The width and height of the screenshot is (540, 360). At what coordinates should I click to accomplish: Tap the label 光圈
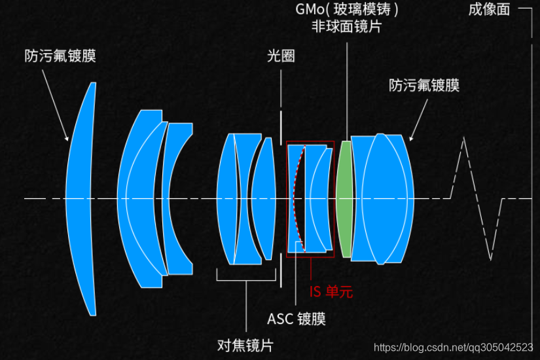click(281, 56)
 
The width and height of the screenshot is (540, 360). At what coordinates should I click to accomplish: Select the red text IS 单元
click(331, 292)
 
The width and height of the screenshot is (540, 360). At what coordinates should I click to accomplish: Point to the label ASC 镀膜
click(297, 319)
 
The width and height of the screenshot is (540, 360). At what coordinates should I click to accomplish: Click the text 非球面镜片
click(346, 27)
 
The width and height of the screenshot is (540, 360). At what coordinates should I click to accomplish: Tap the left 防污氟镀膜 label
click(60, 55)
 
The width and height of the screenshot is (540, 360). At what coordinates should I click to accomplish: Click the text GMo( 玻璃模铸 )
click(346, 10)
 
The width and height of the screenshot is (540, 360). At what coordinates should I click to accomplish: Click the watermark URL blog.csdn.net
click(452, 347)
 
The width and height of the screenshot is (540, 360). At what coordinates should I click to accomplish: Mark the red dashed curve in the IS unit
click(296, 196)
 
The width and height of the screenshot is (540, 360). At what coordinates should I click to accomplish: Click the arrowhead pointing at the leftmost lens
click(67, 138)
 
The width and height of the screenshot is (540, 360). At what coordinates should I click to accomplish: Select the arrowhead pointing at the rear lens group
click(411, 138)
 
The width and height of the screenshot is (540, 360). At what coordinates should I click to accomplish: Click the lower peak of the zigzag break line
click(490, 259)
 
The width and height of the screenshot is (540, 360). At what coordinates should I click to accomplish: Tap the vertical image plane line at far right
click(531, 196)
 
